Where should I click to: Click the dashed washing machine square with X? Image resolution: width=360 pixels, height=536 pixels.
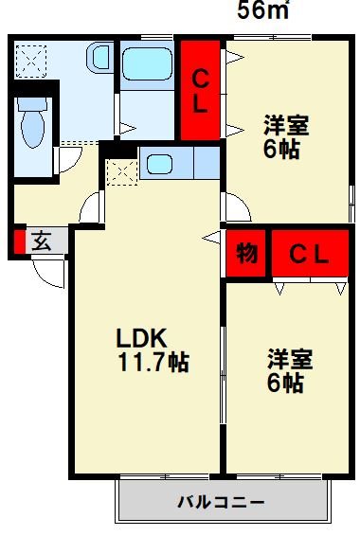30,58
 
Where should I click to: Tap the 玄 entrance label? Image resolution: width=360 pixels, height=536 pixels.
42,241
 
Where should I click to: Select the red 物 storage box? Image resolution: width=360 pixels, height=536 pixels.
246,254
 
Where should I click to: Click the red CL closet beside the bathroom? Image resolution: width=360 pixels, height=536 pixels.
201,91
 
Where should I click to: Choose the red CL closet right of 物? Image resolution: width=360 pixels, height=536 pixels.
308,254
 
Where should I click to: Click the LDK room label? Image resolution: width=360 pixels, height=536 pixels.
142,338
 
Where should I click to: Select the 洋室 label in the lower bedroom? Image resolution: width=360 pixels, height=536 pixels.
290,360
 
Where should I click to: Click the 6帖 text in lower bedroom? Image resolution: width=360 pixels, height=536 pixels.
285,384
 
